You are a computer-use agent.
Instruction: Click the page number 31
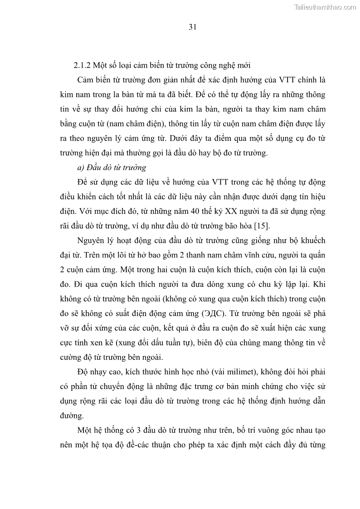point(192,27)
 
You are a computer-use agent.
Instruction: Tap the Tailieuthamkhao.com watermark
point(325,7)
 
